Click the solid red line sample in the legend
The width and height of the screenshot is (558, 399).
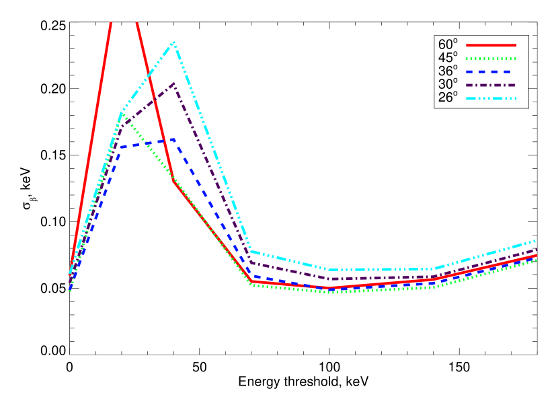click(x=491, y=45)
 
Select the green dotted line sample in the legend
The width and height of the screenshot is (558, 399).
click(x=491, y=59)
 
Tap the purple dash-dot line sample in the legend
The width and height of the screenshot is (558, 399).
click(x=491, y=85)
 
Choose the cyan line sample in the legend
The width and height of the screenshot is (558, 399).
click(x=491, y=98)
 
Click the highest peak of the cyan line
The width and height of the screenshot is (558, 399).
click(x=174, y=42)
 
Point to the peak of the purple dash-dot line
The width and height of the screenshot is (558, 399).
click(x=174, y=84)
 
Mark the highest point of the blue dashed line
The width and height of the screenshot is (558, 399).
click(x=174, y=139)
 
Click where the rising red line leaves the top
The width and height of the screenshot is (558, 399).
click(x=110, y=23)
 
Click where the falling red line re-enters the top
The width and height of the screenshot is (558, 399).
click(x=137, y=23)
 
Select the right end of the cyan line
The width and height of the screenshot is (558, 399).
click(x=536, y=240)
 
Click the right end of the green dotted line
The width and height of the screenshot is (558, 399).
click(x=536, y=260)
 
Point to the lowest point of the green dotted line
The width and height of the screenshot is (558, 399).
click(x=329, y=292)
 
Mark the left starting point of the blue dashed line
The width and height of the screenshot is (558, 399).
click(x=69, y=291)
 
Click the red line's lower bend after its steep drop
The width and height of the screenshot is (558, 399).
click(x=251, y=281)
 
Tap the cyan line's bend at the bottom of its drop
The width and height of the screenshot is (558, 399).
click(x=251, y=252)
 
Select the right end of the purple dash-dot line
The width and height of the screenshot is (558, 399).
click(x=536, y=250)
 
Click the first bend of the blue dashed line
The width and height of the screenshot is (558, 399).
click(x=122, y=147)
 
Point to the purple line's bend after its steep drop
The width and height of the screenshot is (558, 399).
click(x=251, y=262)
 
